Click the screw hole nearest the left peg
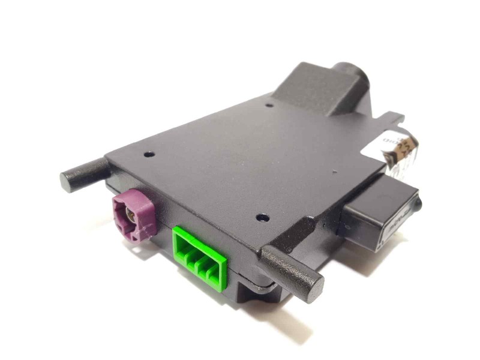click(x=148, y=154)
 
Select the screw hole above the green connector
click(x=260, y=217)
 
